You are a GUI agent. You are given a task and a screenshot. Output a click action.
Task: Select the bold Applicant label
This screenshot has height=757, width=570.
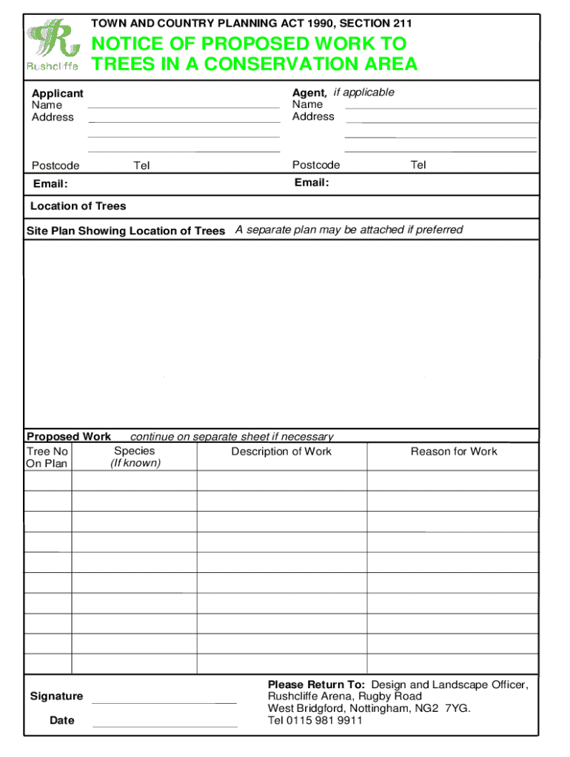[x=57, y=93]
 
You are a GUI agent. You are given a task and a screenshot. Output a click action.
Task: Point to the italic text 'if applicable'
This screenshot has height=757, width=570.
[x=363, y=92]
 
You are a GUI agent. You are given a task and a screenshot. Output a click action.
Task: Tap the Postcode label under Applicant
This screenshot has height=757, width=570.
[x=56, y=166]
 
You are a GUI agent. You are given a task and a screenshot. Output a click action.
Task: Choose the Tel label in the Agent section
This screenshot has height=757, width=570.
[x=418, y=165]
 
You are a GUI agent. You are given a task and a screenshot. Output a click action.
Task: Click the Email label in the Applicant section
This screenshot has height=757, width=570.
[x=50, y=183]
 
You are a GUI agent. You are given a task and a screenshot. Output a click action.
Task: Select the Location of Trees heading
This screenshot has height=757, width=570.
[x=78, y=206]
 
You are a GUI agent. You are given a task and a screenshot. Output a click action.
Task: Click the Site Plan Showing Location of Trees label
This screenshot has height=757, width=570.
[x=126, y=231]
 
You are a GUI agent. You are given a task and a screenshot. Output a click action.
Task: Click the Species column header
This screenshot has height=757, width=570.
[x=135, y=451]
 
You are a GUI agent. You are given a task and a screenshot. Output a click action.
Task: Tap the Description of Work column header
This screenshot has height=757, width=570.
[x=281, y=452]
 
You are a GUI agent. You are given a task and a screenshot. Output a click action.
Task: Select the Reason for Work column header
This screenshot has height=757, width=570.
[x=454, y=452]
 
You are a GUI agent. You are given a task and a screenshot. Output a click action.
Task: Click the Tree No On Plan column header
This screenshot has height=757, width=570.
[x=47, y=458]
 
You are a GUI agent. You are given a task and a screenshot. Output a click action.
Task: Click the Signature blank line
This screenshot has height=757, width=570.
[x=164, y=701]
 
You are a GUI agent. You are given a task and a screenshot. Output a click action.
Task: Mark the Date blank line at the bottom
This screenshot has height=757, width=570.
[x=165, y=725]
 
